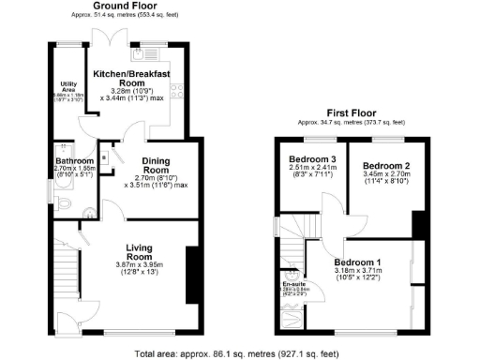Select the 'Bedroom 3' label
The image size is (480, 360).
(312, 157)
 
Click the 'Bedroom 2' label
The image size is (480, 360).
(382, 166)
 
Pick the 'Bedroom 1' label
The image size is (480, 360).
(357, 262)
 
